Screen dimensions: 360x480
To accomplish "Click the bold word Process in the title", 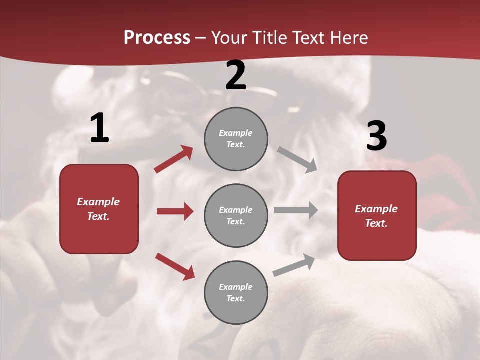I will click(157, 38).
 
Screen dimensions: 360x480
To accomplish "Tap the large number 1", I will click(99, 128).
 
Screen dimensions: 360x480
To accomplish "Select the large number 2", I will click(236, 75).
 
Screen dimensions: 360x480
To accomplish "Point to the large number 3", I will click(376, 136).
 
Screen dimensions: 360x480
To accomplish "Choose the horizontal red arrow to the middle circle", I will click(175, 211).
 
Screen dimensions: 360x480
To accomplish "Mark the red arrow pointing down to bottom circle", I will click(175, 266).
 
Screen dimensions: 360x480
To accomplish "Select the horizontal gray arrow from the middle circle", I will click(296, 210).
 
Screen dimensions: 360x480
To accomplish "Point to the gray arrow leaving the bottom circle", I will click(294, 265).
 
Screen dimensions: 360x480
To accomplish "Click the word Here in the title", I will click(349, 38).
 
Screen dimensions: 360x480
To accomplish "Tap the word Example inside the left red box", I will click(98, 202).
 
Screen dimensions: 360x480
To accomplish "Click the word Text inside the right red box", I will click(376, 223).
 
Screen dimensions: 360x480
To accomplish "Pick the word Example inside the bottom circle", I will click(235, 287).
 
